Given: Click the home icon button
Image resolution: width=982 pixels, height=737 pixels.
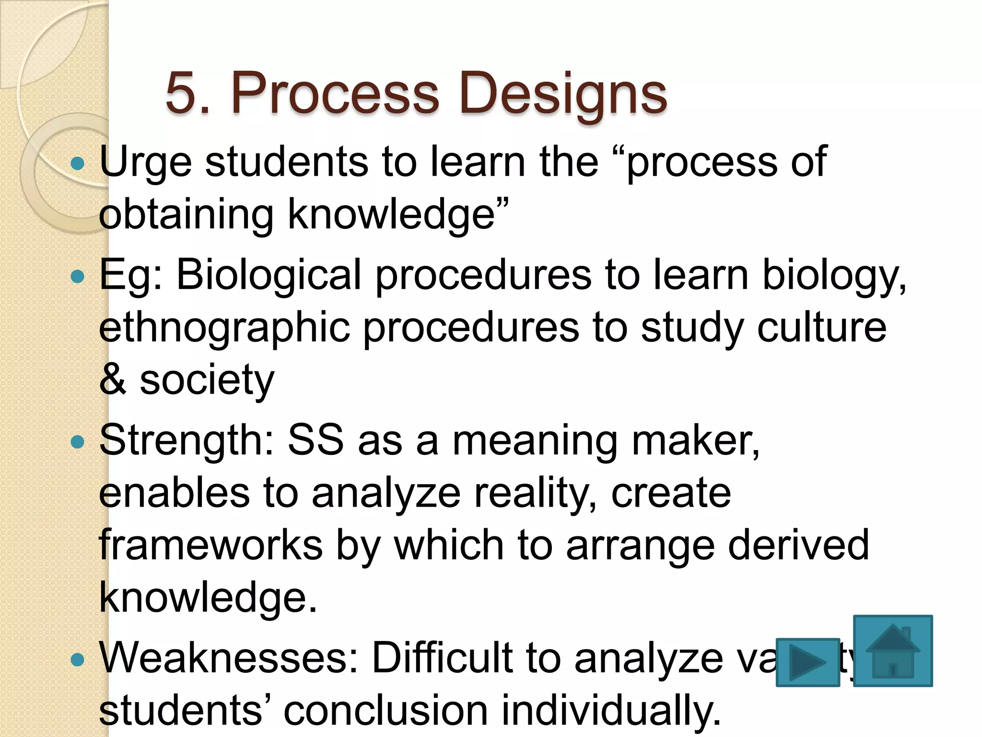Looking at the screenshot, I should coord(893,651).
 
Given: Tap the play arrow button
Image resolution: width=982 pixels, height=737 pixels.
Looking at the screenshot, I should coord(807,662).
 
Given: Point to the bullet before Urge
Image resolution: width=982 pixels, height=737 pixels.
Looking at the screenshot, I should coord(77,164).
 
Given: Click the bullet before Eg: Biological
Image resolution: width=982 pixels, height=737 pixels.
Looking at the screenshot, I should coord(77,276).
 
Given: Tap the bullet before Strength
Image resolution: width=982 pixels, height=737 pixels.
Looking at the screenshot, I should coord(77,441).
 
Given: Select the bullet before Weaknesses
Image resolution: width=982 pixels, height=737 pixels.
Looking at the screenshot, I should coord(77,660).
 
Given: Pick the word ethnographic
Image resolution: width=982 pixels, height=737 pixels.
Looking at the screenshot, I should coord(224,329).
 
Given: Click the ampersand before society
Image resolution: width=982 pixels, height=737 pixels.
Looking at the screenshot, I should coord(113,380).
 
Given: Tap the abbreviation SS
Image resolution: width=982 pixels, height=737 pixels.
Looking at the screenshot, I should coord(315,440).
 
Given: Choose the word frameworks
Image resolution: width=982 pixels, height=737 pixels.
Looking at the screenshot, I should coord(210,545).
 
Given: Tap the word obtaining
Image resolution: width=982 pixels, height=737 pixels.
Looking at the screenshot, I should coord(186,215).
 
